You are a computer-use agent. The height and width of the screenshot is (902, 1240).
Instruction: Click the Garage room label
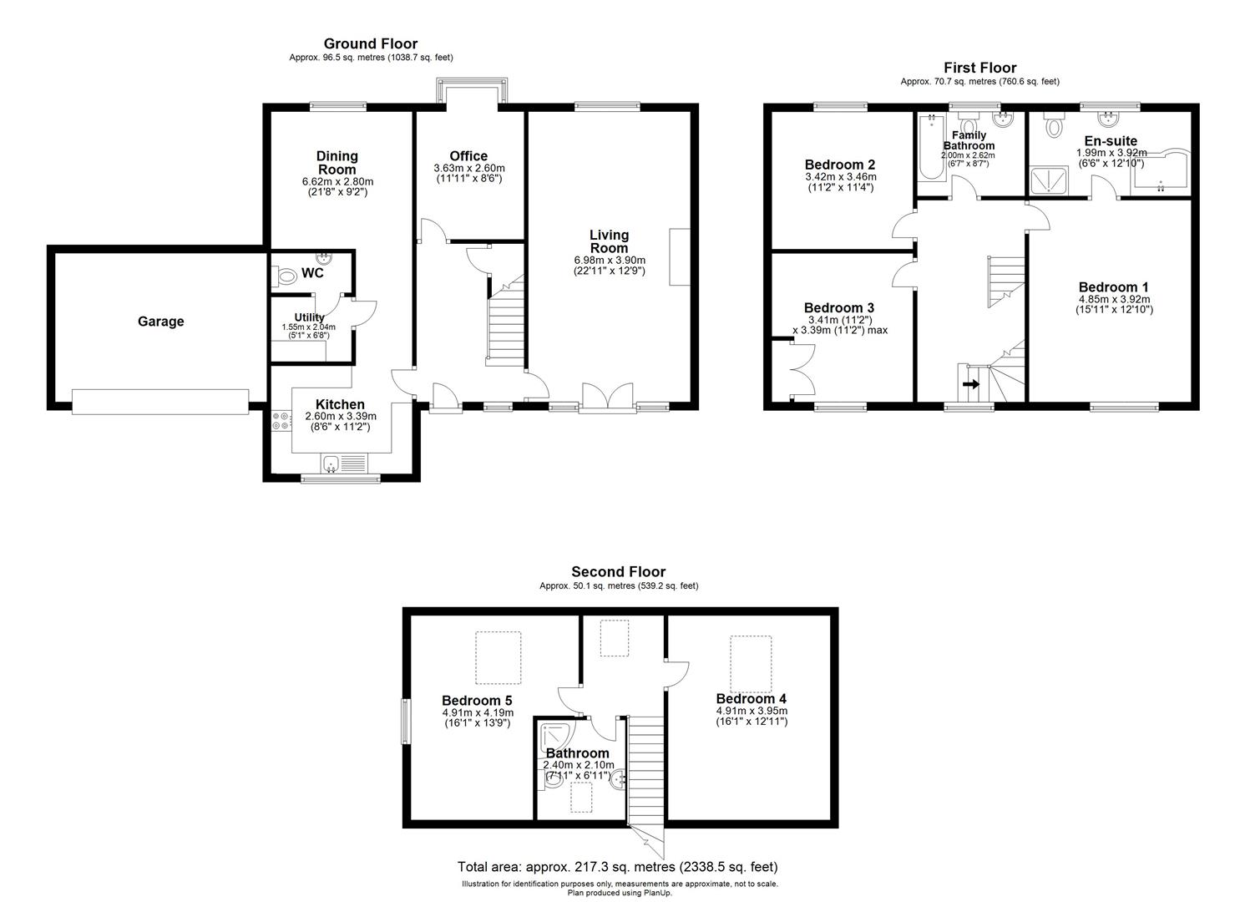(160, 322)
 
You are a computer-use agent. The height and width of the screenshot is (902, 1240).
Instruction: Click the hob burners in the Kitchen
(281, 421)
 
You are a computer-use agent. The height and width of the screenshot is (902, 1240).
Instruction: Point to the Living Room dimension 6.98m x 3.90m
(609, 261)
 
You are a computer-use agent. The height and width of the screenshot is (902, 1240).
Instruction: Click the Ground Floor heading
(370, 43)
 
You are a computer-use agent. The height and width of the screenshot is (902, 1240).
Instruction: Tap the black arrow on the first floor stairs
(971, 384)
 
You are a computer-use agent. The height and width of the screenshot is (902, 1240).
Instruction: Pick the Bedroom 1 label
(1114, 287)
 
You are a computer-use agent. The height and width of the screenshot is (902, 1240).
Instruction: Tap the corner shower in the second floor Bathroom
(555, 736)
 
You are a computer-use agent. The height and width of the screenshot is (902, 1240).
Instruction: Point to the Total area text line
(617, 867)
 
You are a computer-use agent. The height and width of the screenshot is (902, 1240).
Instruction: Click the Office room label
(468, 156)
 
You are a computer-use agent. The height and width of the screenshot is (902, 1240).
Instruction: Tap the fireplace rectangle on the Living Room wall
(679, 256)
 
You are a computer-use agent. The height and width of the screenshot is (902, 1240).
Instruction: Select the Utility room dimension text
(308, 331)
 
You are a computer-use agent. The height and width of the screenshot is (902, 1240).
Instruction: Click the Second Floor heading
(618, 572)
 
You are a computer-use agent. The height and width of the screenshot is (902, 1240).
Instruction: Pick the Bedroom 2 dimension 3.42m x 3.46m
(840, 177)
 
